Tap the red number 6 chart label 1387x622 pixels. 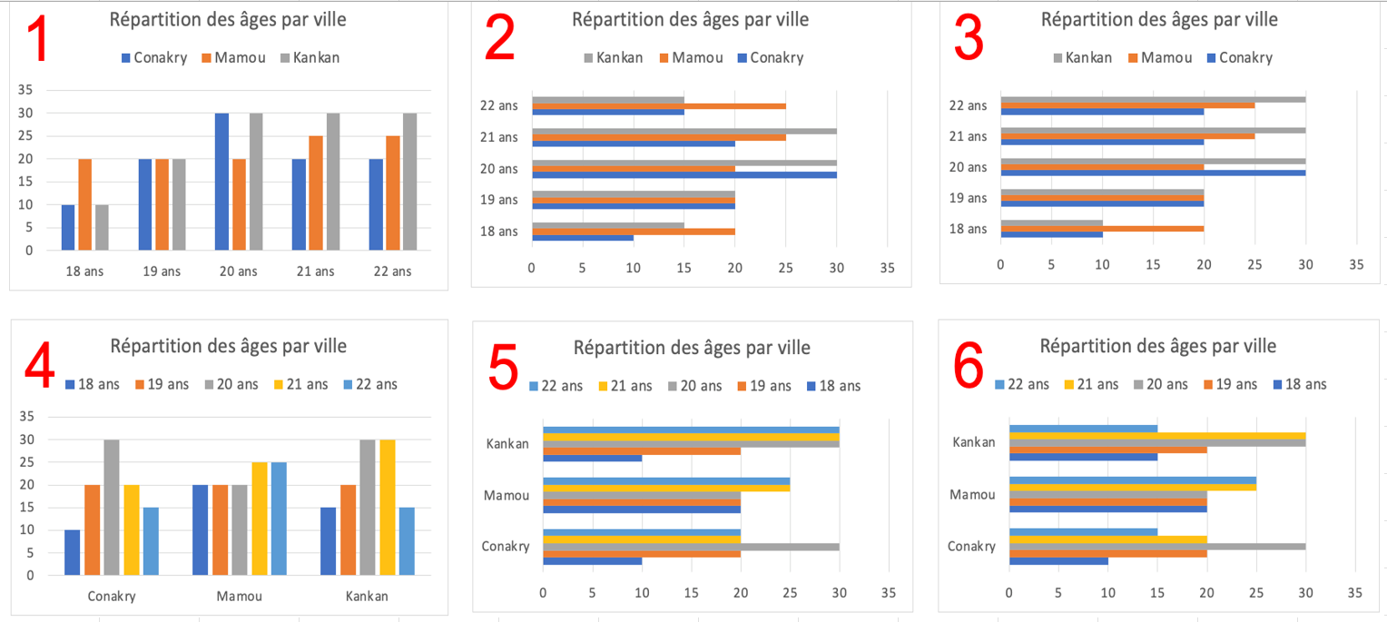point(969,368)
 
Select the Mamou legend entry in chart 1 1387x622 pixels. point(233,58)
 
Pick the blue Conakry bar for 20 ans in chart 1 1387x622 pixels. point(221,182)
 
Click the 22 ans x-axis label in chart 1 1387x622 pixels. point(392,272)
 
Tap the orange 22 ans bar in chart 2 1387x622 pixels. point(659,106)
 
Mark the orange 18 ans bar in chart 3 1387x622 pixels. point(1102,228)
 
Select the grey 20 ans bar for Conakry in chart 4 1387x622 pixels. point(112,507)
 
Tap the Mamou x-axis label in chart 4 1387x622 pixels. point(239,597)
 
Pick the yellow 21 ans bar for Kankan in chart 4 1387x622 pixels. point(388,507)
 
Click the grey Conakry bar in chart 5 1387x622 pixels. point(691,547)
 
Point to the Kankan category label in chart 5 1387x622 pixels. point(507,444)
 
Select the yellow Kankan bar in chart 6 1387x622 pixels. point(1157,436)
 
